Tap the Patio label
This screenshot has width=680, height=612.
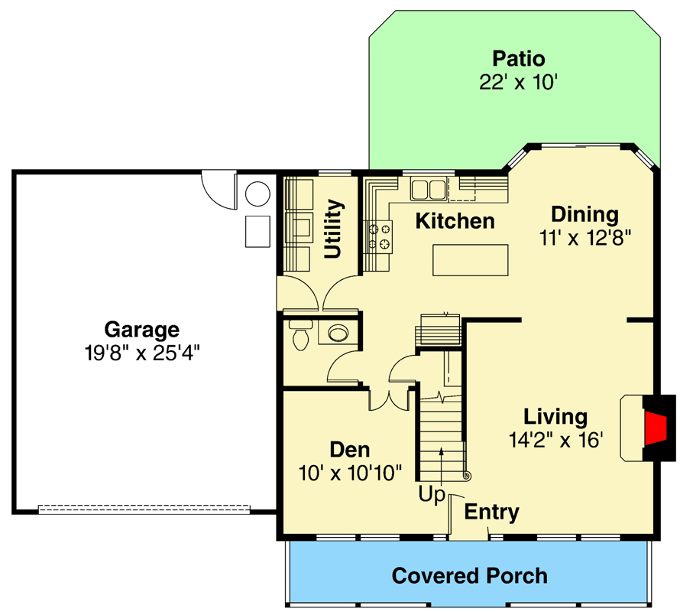click(519, 59)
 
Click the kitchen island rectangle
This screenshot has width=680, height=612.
click(470, 259)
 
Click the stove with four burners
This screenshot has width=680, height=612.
click(380, 236)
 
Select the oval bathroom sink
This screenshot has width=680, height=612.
click(336, 332)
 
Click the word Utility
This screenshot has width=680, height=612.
click(333, 229)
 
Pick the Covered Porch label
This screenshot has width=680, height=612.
click(469, 575)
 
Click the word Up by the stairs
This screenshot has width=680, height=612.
click(432, 495)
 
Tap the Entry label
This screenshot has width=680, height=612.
click(492, 512)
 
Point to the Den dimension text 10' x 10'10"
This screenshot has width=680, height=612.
click(350, 472)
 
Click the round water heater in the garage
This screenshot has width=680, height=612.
click(257, 194)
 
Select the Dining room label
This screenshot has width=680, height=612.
click(584, 214)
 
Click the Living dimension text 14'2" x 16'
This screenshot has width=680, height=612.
click(555, 440)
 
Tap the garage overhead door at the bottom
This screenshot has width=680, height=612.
click(144, 507)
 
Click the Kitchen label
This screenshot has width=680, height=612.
click(455, 221)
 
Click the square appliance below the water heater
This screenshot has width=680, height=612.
click(257, 231)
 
